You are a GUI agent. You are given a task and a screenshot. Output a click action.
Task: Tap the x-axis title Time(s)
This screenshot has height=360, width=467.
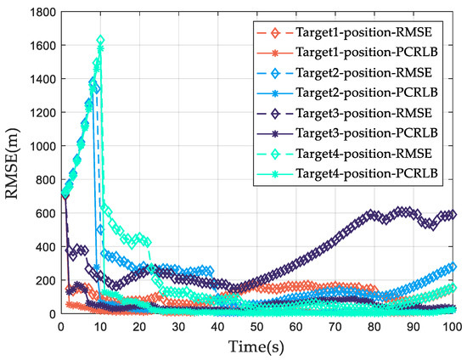(256, 347)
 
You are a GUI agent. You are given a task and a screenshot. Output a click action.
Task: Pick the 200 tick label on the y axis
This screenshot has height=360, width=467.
(42, 280)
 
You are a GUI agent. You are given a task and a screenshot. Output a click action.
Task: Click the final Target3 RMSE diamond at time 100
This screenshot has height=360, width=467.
(452, 215)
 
